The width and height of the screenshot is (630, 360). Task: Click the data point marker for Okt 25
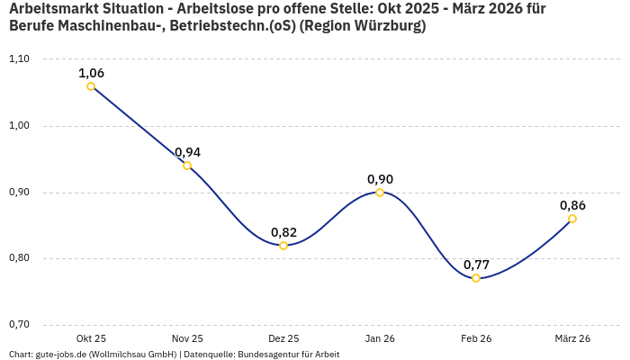tap(91, 86)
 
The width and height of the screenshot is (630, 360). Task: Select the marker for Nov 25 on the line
tap(187, 166)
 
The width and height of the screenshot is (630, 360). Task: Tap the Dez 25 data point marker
tap(283, 246)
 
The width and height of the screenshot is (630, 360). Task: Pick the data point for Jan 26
tap(380, 193)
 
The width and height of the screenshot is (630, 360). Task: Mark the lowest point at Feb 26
tap(476, 278)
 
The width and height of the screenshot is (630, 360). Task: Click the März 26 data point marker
tap(572, 219)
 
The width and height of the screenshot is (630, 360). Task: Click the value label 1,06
tap(91, 73)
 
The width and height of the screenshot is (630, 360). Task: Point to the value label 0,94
tap(187, 152)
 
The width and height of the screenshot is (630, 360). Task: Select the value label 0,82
tap(283, 232)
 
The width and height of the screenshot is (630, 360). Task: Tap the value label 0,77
tap(476, 265)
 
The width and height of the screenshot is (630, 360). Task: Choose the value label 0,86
tap(572, 205)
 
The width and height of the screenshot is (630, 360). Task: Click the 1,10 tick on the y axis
tap(19, 59)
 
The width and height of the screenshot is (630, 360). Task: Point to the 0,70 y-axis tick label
tap(19, 325)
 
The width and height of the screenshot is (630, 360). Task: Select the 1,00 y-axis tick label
tap(19, 126)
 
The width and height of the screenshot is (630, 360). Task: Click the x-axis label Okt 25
tap(91, 338)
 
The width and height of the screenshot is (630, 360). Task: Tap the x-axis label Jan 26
tap(380, 338)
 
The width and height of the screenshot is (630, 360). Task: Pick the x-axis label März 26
tap(572, 338)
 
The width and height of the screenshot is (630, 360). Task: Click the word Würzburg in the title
tap(385, 26)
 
